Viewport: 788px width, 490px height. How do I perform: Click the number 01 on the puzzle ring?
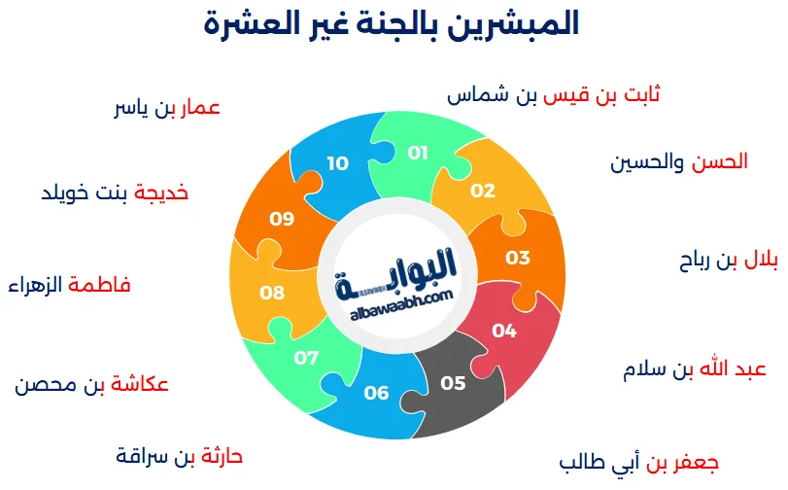(x=418, y=153)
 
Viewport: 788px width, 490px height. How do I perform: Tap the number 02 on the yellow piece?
(x=483, y=191)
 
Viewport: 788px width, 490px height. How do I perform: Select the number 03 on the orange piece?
(x=518, y=258)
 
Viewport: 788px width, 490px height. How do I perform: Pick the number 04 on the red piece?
(x=504, y=331)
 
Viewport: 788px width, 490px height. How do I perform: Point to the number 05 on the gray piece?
(x=453, y=383)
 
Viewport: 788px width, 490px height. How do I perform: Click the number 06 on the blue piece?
(x=376, y=393)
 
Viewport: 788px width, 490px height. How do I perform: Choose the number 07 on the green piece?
(x=307, y=358)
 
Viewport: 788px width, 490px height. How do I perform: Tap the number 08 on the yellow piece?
(x=272, y=292)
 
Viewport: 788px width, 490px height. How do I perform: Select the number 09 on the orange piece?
(x=282, y=219)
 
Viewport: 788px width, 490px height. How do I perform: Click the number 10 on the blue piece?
(x=337, y=163)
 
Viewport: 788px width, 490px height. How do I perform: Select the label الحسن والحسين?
(x=679, y=162)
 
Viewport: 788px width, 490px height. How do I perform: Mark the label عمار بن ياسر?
(x=167, y=108)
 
